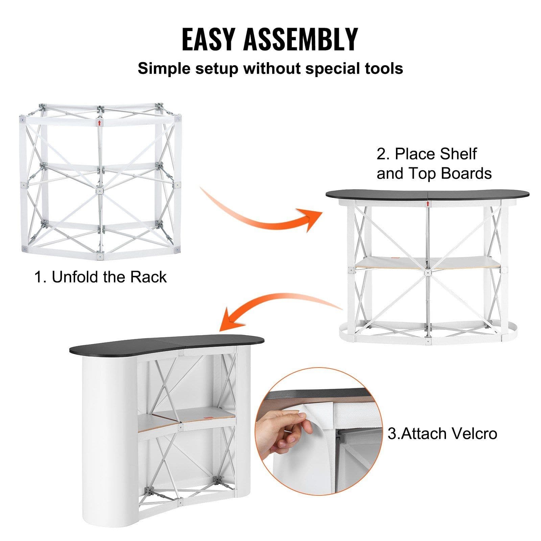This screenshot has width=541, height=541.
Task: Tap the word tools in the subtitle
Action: tap(383, 68)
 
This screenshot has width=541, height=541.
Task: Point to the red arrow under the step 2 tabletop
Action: tap(428, 204)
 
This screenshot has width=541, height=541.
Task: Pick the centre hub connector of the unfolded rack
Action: tap(99, 190)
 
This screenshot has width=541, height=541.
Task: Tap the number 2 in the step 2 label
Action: tap(382, 154)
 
